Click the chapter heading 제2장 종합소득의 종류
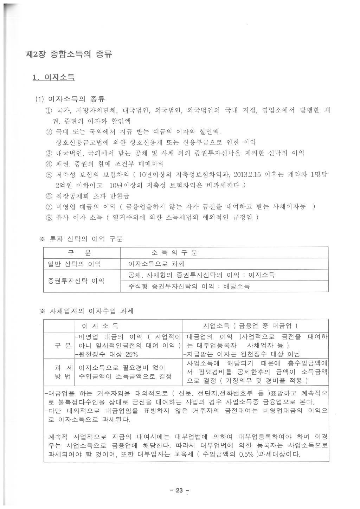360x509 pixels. (x=69, y=54)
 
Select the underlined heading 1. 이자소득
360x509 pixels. (x=53, y=77)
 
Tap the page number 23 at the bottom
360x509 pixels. (x=179, y=490)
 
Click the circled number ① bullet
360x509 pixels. (x=49, y=111)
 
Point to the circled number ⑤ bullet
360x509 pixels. (x=49, y=175)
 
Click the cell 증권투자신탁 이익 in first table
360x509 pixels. (x=76, y=281)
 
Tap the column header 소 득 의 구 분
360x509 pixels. (x=174, y=253)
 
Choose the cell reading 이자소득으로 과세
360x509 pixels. (x=156, y=264)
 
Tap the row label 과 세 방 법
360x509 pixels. (x=58, y=372)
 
